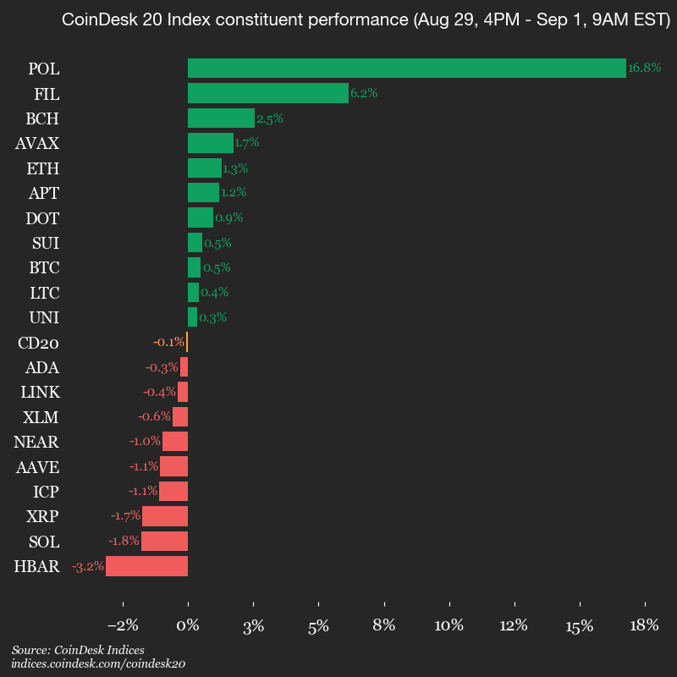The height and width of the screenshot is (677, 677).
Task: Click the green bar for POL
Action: tap(406, 69)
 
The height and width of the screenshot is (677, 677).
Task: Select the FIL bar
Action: tap(267, 93)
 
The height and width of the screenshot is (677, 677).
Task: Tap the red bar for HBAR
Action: tap(146, 567)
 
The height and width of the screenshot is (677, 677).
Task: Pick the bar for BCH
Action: tap(221, 118)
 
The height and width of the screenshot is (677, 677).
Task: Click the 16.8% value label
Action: tap(644, 69)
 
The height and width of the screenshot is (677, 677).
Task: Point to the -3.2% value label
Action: tap(88, 567)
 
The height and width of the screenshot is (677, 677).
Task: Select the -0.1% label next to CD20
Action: tap(168, 343)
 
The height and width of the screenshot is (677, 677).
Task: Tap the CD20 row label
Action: tap(38, 343)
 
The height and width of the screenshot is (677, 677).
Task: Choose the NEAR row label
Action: tap(36, 443)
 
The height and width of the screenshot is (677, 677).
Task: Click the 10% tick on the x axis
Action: tap(449, 626)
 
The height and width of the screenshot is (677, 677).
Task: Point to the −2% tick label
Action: tap(124, 626)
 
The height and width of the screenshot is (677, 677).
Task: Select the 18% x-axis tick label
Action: tap(645, 626)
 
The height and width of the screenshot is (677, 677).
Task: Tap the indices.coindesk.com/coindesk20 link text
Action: tap(98, 664)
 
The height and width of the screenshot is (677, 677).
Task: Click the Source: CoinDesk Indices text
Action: tap(78, 650)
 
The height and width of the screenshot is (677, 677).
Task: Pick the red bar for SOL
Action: tap(164, 542)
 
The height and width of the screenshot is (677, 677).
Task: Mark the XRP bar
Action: tap(165, 517)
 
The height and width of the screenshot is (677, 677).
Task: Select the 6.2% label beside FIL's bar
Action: tap(364, 93)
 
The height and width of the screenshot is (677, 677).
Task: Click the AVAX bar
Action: tap(210, 143)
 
